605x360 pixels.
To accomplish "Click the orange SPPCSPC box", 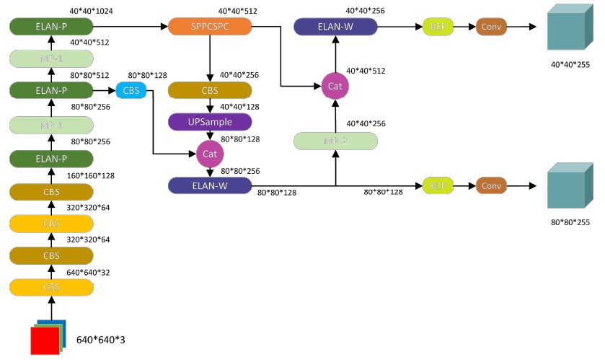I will coord(210,27).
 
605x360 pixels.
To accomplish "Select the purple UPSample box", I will coord(210,121).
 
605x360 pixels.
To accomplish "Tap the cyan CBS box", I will coord(131,90).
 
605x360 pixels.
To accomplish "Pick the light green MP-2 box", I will coord(335,141).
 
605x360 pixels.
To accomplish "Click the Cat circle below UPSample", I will coord(210,153).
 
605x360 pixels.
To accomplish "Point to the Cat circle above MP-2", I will coord(335,86).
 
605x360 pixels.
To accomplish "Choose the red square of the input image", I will coord(45,340).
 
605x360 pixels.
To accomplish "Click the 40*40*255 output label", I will coord(570,64).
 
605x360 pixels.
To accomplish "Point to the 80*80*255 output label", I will coord(570,222).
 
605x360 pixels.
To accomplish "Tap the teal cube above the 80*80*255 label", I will coord(569,186).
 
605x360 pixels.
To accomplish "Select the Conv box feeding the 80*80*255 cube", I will coord(491,185).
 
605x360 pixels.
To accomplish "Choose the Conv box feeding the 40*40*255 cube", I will coord(491,27).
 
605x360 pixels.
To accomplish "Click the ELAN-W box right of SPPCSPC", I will coord(335,27).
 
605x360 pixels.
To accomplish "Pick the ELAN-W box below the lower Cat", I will coord(210,185).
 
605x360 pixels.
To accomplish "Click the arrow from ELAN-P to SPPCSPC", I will coord(131,27).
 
